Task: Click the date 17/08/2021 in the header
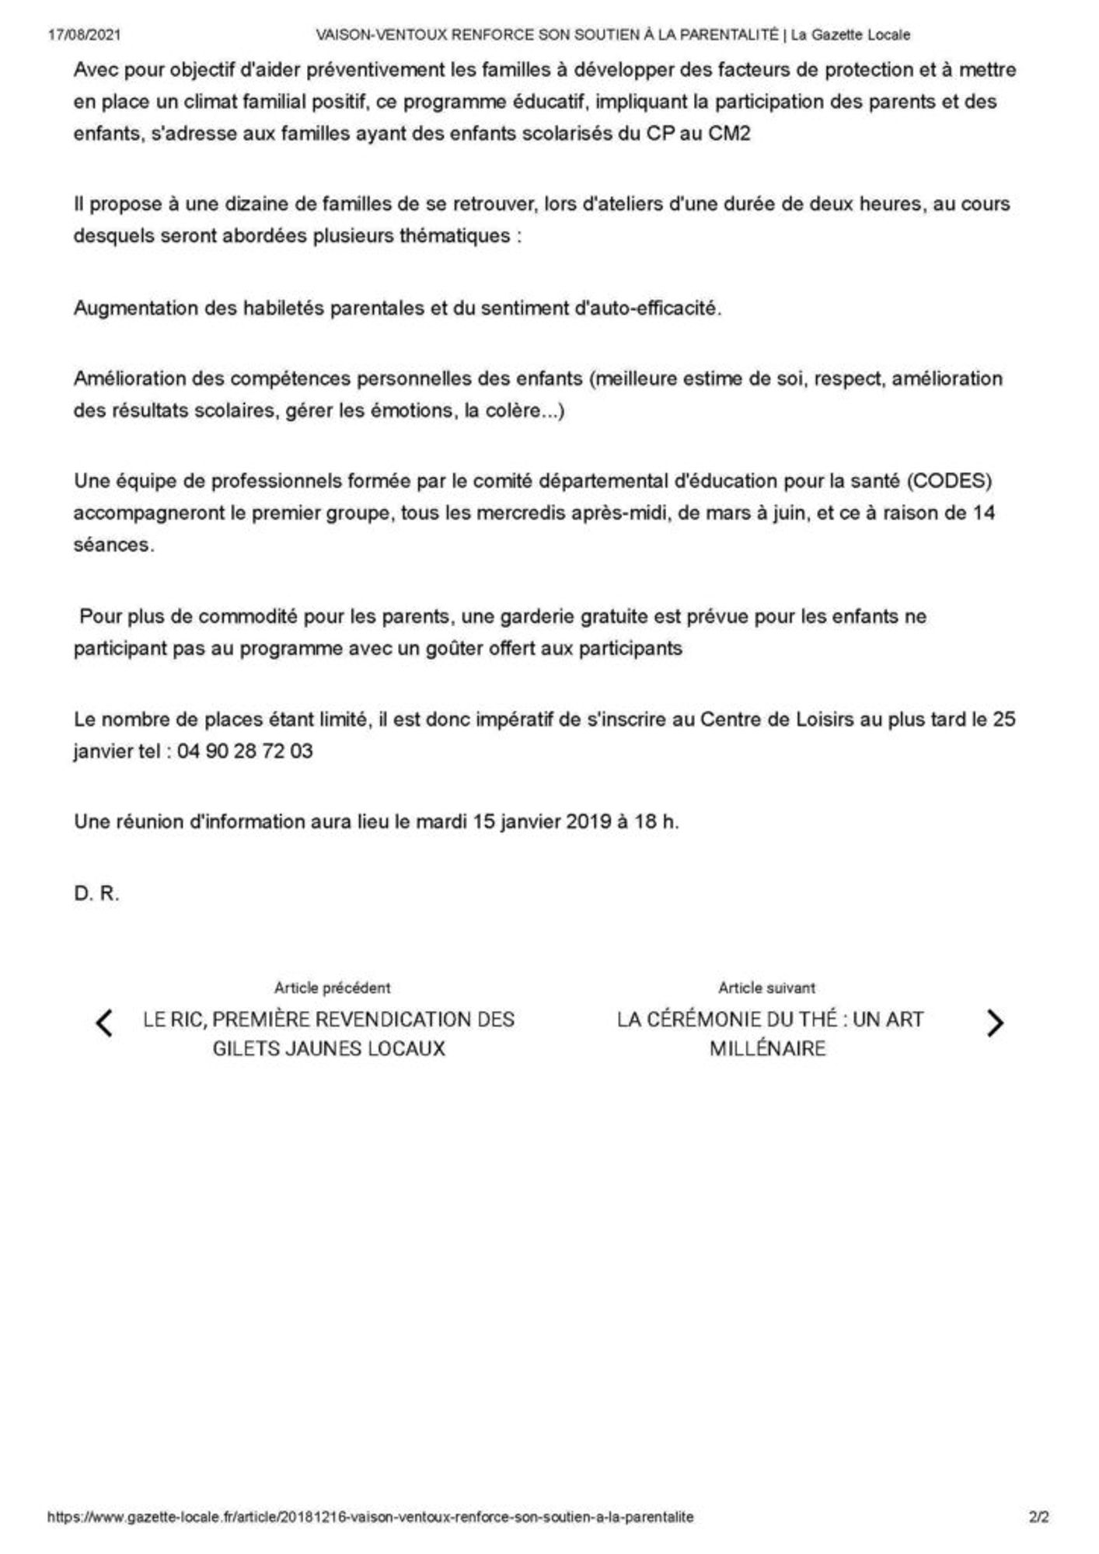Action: click(x=84, y=35)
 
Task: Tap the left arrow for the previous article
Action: click(x=104, y=1023)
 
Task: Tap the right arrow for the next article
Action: click(x=994, y=1023)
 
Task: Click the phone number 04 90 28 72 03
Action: click(x=245, y=751)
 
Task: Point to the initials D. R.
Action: click(x=96, y=894)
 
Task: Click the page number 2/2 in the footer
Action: click(x=1039, y=1516)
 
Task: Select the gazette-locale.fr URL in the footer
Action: click(x=371, y=1516)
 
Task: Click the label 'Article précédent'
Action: click(x=332, y=988)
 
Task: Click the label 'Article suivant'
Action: click(x=766, y=988)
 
